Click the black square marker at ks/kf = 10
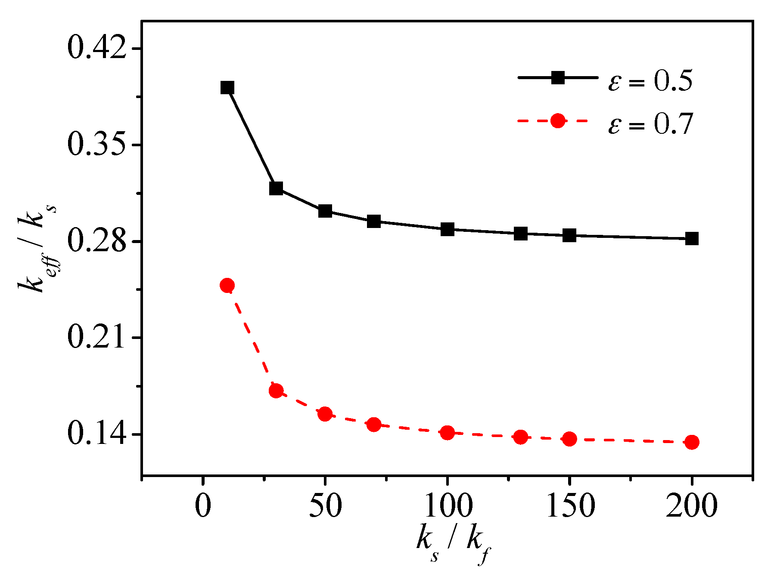point(227,88)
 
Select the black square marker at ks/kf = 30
point(276,188)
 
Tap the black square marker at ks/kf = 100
point(448,229)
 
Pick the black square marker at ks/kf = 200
point(692,238)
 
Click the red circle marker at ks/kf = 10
point(227,285)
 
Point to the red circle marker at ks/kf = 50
point(325,414)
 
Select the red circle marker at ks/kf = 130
point(521,437)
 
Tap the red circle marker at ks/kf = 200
point(692,442)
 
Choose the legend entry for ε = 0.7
point(605,123)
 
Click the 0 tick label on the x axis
point(203,506)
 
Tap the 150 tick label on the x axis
point(570,506)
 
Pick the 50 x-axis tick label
point(325,506)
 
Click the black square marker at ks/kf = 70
point(374,222)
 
